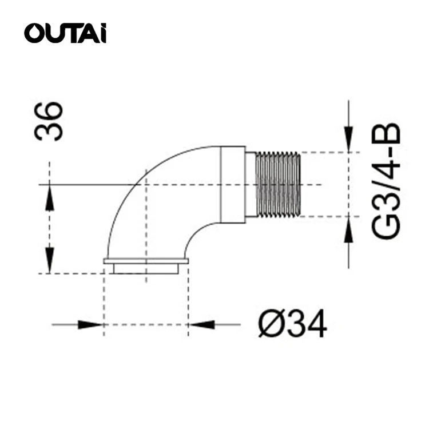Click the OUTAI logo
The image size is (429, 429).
point(65,33)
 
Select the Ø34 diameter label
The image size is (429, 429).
point(292,325)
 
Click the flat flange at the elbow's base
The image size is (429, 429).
point(146,261)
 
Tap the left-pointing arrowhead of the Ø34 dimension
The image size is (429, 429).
point(201,324)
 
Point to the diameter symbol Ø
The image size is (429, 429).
point(267,325)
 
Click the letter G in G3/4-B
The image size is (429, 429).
point(386,228)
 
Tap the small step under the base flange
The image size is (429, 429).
point(146,268)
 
